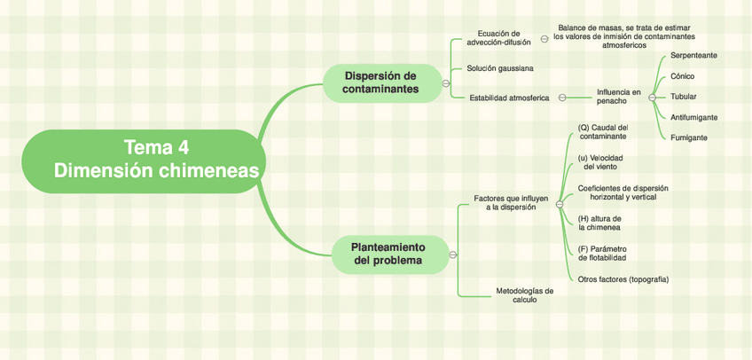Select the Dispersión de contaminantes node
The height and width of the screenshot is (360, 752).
[x=380, y=82]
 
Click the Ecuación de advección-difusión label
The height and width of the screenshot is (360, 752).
[x=498, y=37]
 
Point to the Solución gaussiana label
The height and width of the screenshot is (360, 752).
[x=499, y=68]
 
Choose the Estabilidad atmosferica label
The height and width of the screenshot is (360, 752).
[x=509, y=98]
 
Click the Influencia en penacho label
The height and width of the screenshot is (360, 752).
[x=617, y=97]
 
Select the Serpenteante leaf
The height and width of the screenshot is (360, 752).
[x=693, y=55]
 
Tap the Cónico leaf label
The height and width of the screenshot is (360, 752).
[x=682, y=76]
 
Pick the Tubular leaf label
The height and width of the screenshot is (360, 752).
[x=683, y=97]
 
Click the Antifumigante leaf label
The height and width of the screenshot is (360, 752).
[x=693, y=117]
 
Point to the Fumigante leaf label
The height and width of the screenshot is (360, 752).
[x=688, y=137]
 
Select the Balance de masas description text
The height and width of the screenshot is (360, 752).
[x=623, y=36]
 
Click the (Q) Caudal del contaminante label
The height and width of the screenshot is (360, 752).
[x=602, y=131]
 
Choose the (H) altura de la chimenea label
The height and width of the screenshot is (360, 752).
[x=599, y=223]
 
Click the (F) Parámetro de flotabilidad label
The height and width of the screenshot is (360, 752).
[x=602, y=253]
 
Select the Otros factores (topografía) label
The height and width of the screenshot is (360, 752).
[x=623, y=279]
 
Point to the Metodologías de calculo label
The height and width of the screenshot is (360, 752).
[x=524, y=294]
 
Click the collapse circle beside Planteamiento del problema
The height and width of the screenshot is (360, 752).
[x=453, y=254]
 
